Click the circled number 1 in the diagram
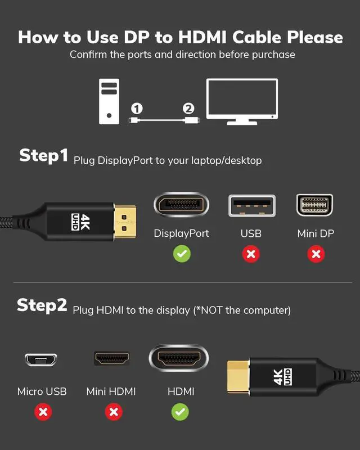[137, 109]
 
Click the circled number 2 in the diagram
[188, 109]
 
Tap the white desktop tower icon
[109, 101]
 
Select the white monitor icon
[242, 102]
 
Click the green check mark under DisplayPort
[182, 254]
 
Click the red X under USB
[251, 254]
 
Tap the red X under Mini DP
[316, 254]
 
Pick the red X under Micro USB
[43, 412]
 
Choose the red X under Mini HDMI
[114, 412]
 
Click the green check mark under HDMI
[180, 412]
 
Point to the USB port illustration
[252, 205]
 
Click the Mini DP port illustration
[314, 205]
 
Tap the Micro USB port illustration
[41, 359]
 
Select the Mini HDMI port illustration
[112, 358]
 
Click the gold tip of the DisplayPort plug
[125, 222]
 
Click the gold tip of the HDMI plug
[238, 376]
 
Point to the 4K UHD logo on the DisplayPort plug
[80, 222]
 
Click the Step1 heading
[44, 156]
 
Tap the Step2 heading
[42, 305]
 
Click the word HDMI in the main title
[202, 37]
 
